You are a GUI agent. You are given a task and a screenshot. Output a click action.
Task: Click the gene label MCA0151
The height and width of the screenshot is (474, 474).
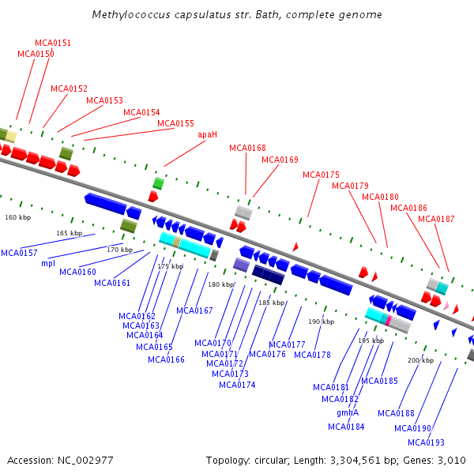(x=53, y=43)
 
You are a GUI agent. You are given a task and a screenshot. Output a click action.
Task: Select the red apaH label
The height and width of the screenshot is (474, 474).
(x=207, y=135)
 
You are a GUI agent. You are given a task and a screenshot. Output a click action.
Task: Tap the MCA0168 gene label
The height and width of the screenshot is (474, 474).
(x=247, y=148)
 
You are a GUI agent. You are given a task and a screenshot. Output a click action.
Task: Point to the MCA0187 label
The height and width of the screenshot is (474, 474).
(x=436, y=219)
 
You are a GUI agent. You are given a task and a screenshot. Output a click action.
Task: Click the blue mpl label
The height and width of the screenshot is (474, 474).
(x=48, y=263)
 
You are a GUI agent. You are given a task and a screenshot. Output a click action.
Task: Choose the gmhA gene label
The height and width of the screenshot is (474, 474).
(x=348, y=412)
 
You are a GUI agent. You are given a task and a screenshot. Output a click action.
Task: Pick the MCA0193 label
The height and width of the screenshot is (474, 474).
(x=427, y=442)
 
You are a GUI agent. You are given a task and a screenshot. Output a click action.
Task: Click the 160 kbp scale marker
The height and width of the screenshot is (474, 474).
(x=18, y=216)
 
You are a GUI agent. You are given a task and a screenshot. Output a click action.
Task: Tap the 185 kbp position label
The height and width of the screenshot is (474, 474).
(x=271, y=303)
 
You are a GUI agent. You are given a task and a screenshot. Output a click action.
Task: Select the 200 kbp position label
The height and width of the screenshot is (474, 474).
(x=420, y=360)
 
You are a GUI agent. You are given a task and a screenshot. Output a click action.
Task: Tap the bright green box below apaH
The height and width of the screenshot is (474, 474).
(x=158, y=183)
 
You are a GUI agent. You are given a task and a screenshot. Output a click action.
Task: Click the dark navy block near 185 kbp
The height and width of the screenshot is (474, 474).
(x=268, y=275)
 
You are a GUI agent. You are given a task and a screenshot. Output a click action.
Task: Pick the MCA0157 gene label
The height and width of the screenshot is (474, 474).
(x=19, y=253)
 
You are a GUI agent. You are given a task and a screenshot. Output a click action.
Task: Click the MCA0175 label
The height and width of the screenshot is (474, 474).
(x=321, y=175)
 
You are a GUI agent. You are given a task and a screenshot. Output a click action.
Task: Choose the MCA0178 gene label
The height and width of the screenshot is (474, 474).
(x=312, y=355)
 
